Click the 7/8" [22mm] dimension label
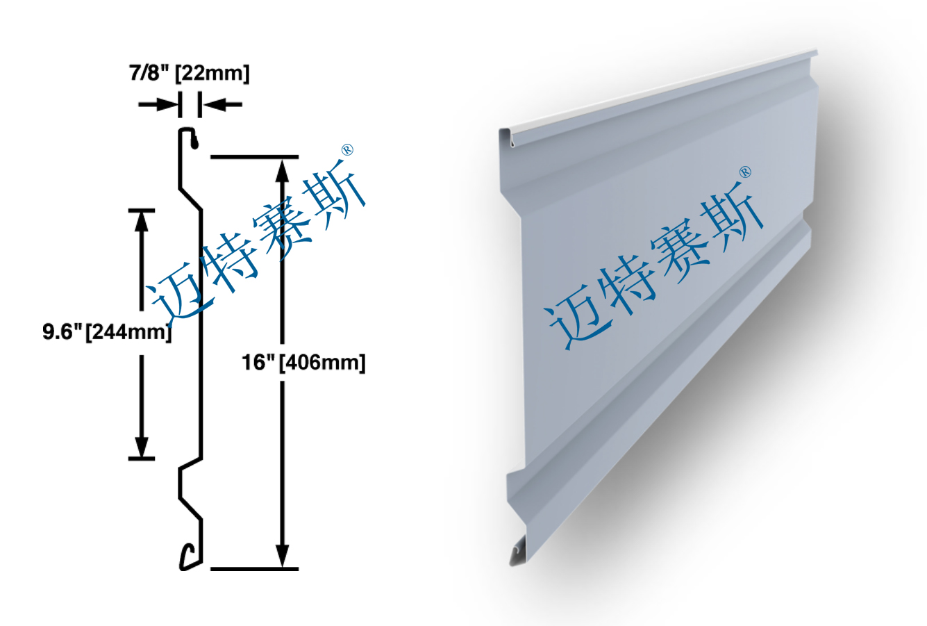click(189, 73)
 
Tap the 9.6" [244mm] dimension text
click(107, 332)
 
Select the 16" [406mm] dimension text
click(303, 362)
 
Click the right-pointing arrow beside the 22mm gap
click(159, 105)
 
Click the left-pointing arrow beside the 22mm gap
click(222, 105)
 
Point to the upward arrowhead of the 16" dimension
click(282, 170)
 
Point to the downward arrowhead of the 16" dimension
click(282, 556)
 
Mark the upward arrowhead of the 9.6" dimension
click(142, 221)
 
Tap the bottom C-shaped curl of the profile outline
click(186, 557)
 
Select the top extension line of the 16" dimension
click(254, 157)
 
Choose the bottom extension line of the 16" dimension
click(254, 569)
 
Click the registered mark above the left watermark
click(348, 149)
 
